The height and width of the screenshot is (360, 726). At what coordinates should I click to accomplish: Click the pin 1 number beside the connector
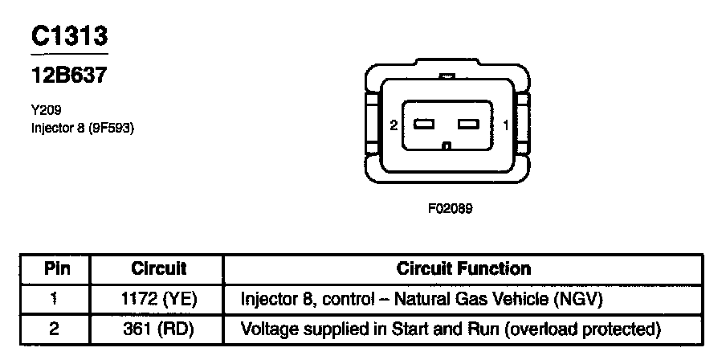pos(504,125)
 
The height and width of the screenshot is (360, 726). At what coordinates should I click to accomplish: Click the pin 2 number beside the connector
pos(394,125)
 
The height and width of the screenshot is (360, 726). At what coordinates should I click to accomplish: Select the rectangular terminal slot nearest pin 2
pos(424,125)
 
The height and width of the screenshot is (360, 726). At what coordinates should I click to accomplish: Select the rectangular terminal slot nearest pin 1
pos(468,125)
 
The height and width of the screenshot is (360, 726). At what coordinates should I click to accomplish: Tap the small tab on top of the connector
pos(447,77)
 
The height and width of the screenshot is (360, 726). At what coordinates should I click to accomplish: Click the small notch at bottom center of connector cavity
pos(447,146)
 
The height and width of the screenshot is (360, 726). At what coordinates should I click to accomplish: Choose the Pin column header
pos(55,268)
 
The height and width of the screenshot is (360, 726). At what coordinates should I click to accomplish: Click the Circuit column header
pos(158,268)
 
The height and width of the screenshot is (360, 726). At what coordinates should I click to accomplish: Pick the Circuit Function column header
pos(463,268)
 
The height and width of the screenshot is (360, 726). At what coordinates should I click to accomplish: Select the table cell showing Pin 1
pos(55,299)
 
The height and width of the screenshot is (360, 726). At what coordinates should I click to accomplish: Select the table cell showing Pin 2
pos(55,328)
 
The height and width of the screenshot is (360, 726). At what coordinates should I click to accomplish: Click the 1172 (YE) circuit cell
pos(158,299)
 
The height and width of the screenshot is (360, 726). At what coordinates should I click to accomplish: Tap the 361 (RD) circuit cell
pos(158,328)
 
